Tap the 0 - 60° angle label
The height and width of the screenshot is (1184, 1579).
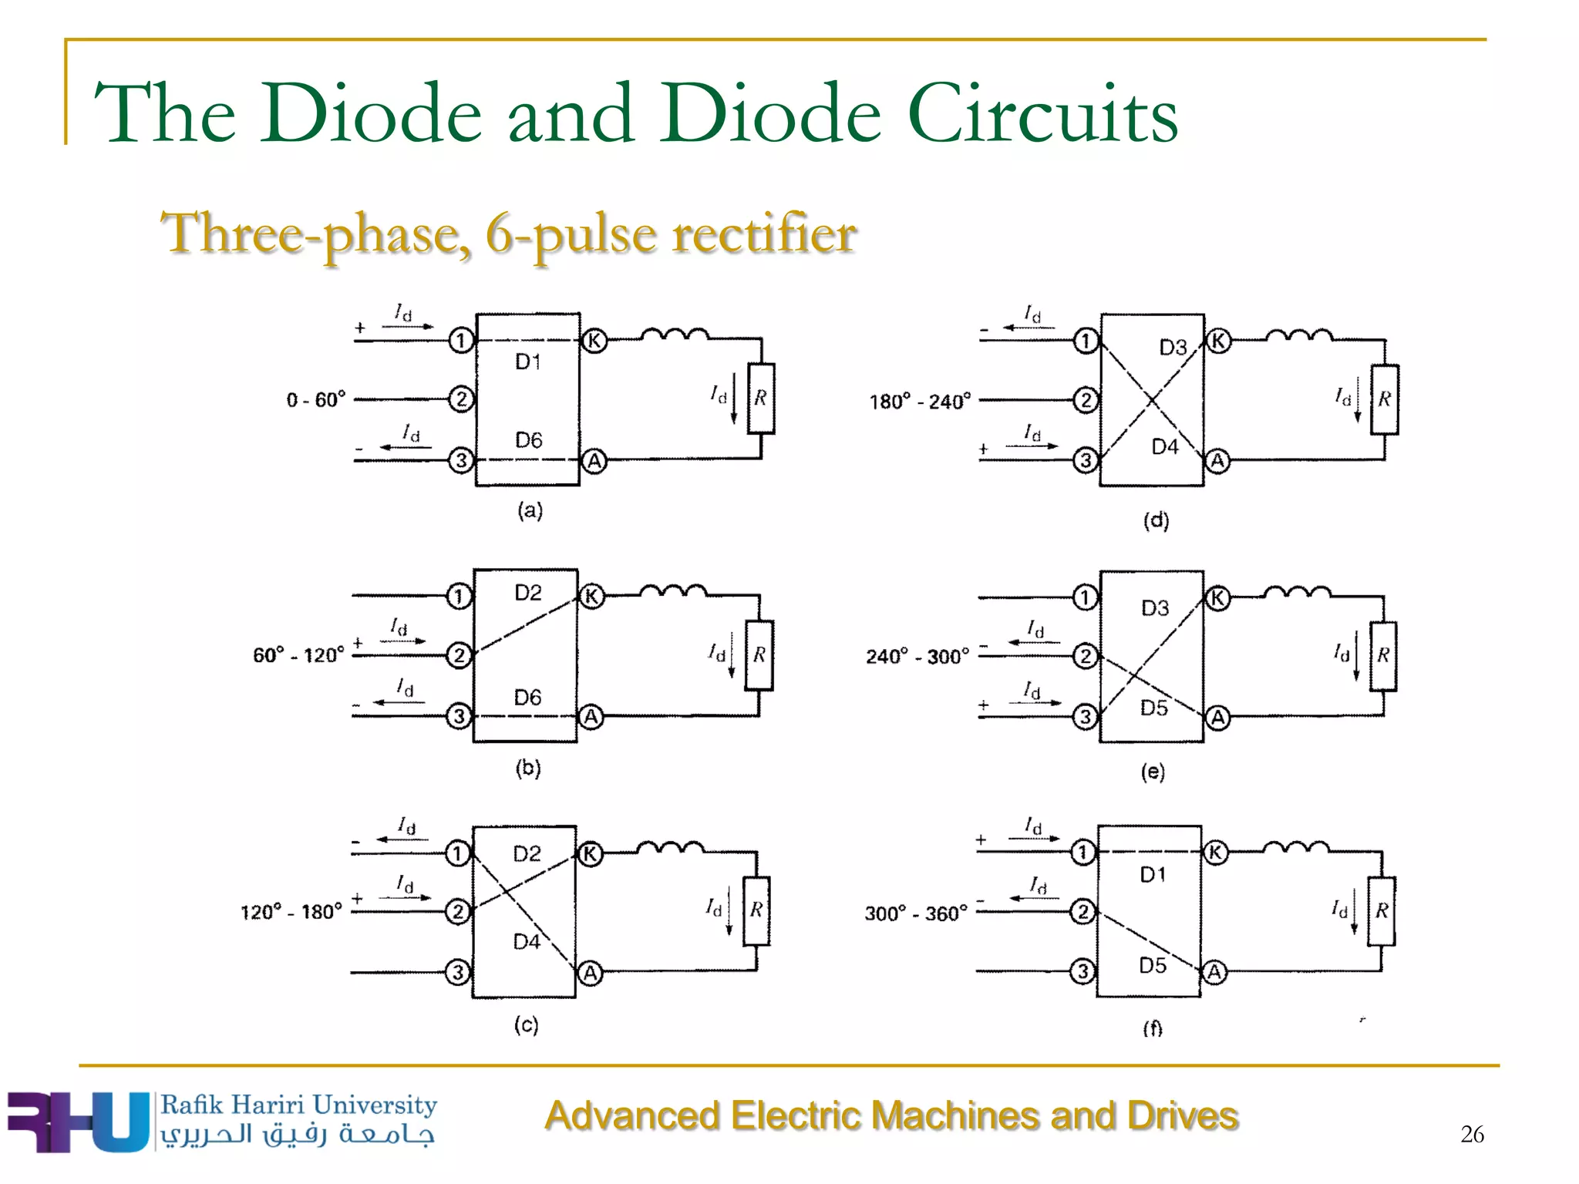point(315,400)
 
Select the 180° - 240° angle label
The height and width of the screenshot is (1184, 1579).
point(919,402)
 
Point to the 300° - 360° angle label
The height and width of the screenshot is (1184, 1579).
point(915,913)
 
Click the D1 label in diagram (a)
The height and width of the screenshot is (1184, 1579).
point(528,362)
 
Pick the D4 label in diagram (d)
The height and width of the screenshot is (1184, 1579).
point(1164,447)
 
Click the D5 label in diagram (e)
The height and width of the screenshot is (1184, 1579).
point(1153,708)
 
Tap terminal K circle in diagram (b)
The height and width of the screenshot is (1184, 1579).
point(591,596)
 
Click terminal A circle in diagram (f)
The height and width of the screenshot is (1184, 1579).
point(1214,972)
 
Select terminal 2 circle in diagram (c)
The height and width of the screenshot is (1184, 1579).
point(457,912)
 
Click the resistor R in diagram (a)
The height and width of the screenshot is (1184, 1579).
point(760,398)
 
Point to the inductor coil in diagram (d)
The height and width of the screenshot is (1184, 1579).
point(1299,335)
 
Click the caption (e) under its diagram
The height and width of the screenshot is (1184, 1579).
point(1153,772)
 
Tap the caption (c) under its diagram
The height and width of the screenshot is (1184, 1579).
point(527,1024)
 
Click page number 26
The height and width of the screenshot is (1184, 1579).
point(1472,1134)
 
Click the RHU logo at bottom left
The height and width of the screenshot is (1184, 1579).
point(77,1122)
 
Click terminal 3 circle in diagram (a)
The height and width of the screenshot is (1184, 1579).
point(461,461)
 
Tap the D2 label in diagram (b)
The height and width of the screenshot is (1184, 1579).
point(528,593)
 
